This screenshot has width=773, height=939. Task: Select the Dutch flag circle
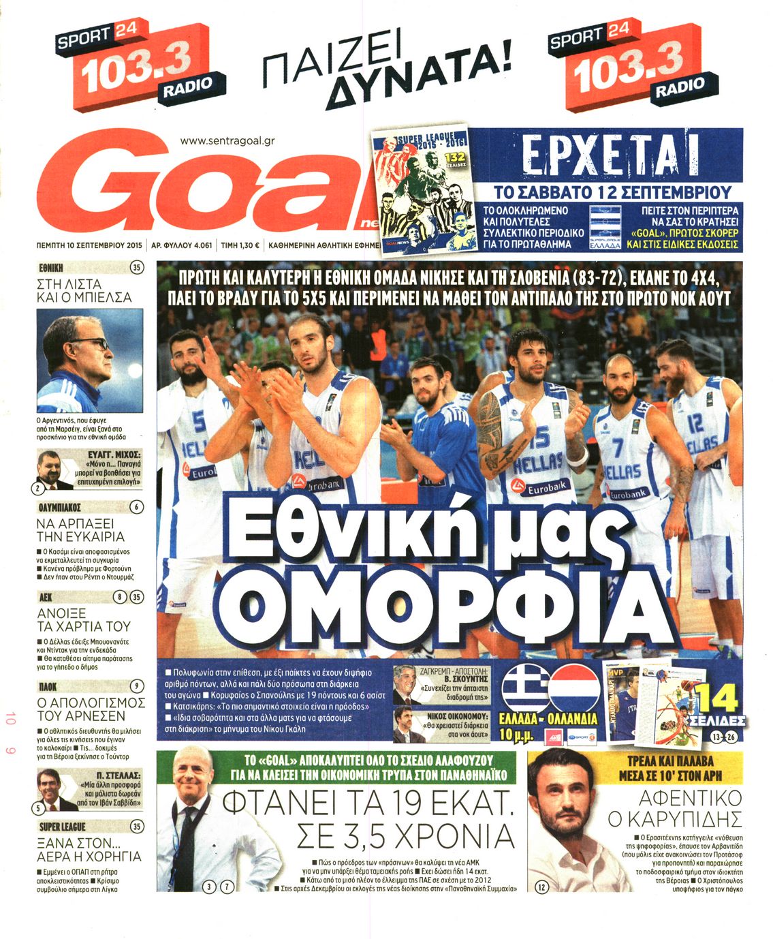pos(574,688)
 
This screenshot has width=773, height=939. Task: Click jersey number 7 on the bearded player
pos(618,448)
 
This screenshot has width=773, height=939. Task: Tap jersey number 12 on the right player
pos(695,425)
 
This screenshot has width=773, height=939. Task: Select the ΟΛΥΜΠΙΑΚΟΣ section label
pos(60,508)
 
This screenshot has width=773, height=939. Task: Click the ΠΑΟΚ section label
pos(48,687)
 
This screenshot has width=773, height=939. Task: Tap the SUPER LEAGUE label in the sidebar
pos(63,827)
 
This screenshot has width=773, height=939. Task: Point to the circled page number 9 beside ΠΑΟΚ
pos(137,686)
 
